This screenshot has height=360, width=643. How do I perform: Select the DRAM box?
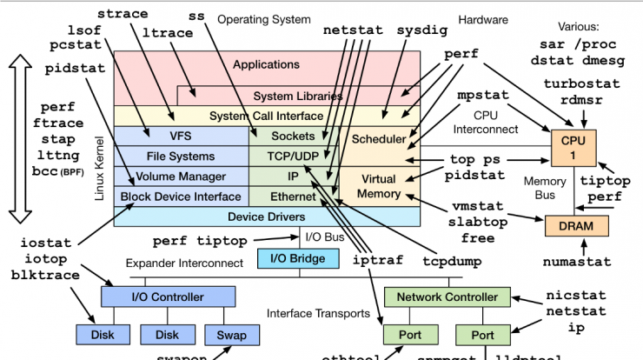(x=576, y=226)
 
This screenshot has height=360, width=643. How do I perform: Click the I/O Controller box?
(x=167, y=297)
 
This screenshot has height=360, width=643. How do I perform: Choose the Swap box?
(x=231, y=335)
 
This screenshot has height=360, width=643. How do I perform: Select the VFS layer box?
(x=181, y=137)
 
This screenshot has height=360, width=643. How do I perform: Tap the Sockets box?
(x=293, y=137)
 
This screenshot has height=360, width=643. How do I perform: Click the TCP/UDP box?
(x=293, y=157)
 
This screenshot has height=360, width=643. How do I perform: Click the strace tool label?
(x=122, y=14)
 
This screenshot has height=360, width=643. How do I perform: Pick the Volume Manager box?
(x=181, y=177)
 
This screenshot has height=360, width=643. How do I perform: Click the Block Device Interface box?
(x=181, y=197)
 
